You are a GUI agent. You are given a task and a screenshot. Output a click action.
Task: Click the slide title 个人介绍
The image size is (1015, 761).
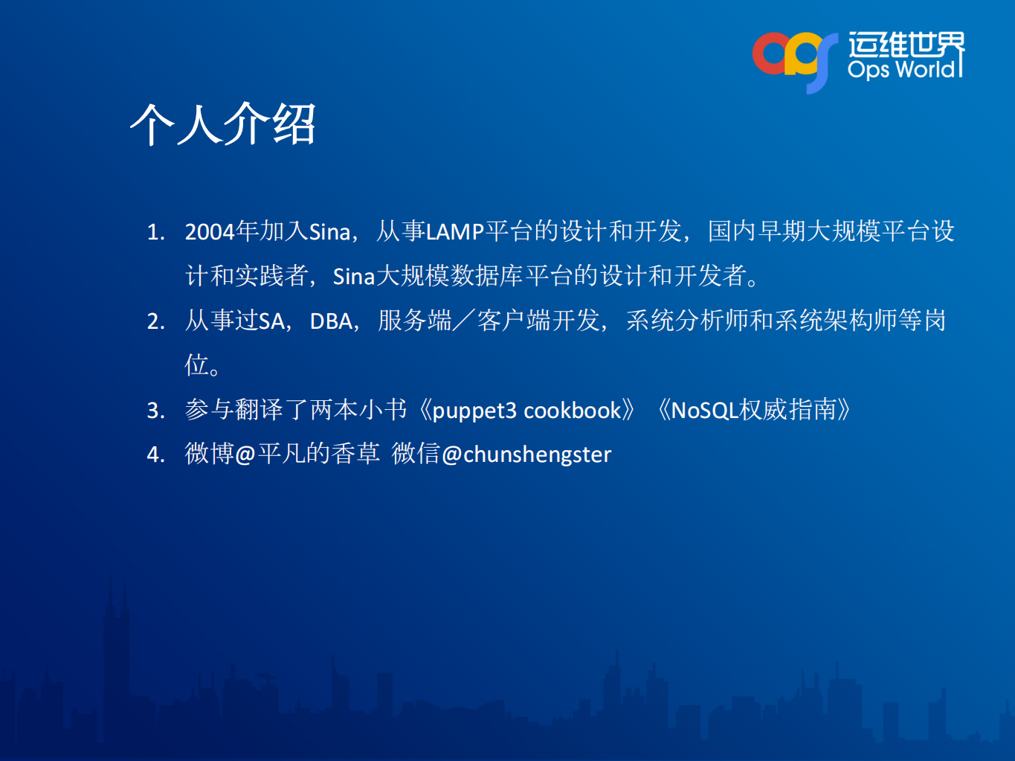click(223, 124)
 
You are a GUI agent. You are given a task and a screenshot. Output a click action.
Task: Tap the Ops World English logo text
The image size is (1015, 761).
click(902, 69)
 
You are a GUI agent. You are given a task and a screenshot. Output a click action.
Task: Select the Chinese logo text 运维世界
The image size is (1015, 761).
click(906, 45)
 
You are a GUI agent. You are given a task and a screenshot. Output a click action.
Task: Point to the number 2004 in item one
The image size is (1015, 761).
click(210, 232)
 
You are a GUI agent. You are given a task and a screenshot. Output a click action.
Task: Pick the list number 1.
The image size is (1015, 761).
click(155, 232)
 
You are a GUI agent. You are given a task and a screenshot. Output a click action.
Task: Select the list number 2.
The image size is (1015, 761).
click(155, 321)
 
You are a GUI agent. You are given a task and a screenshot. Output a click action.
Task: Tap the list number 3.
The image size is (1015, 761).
click(155, 411)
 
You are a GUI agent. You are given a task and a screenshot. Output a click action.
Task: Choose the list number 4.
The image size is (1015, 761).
click(155, 455)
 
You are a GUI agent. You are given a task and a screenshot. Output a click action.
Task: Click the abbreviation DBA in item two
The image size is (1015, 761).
click(331, 321)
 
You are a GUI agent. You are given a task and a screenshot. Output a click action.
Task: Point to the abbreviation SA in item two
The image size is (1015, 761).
click(271, 321)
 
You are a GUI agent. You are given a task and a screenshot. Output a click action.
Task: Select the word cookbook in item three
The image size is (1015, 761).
click(573, 411)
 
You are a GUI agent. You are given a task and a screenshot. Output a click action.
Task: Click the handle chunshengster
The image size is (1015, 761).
click(537, 455)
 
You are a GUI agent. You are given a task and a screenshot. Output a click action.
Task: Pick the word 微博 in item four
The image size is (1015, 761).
click(209, 454)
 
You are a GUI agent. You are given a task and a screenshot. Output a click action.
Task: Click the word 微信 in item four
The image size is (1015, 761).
click(416, 454)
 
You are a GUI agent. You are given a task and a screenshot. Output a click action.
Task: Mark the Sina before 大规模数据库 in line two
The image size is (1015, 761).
click(353, 277)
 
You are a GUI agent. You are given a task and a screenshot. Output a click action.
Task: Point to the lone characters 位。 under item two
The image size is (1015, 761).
click(202, 365)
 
